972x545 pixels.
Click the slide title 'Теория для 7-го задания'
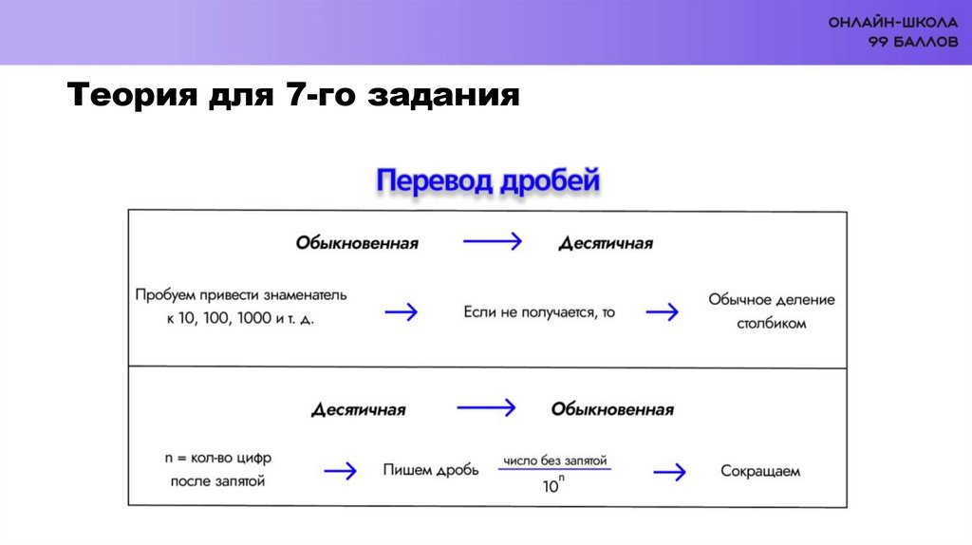pyautogui.click(x=293, y=97)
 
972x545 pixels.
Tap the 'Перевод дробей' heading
pyautogui.click(x=489, y=179)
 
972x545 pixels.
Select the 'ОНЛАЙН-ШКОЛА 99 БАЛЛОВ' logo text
pyautogui.click(x=892, y=33)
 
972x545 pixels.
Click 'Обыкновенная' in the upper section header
pyautogui.click(x=357, y=243)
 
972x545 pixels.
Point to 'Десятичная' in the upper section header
pyautogui.click(x=606, y=243)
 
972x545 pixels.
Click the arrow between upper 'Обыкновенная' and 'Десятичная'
pyautogui.click(x=492, y=242)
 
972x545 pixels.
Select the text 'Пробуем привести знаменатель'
pyautogui.click(x=241, y=295)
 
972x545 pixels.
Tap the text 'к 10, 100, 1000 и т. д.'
pyautogui.click(x=240, y=320)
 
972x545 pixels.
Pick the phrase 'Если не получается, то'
pyautogui.click(x=539, y=311)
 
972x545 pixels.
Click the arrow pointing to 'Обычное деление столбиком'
pyautogui.click(x=662, y=311)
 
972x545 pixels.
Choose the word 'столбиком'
pyautogui.click(x=771, y=324)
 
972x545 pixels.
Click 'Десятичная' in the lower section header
pyautogui.click(x=359, y=410)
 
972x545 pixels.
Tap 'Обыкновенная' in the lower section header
pyautogui.click(x=612, y=410)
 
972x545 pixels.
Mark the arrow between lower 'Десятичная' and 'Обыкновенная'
pyautogui.click(x=485, y=408)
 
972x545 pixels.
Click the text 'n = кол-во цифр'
pyautogui.click(x=217, y=457)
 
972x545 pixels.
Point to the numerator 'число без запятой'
pyautogui.click(x=555, y=459)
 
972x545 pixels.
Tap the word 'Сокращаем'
pyautogui.click(x=760, y=470)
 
